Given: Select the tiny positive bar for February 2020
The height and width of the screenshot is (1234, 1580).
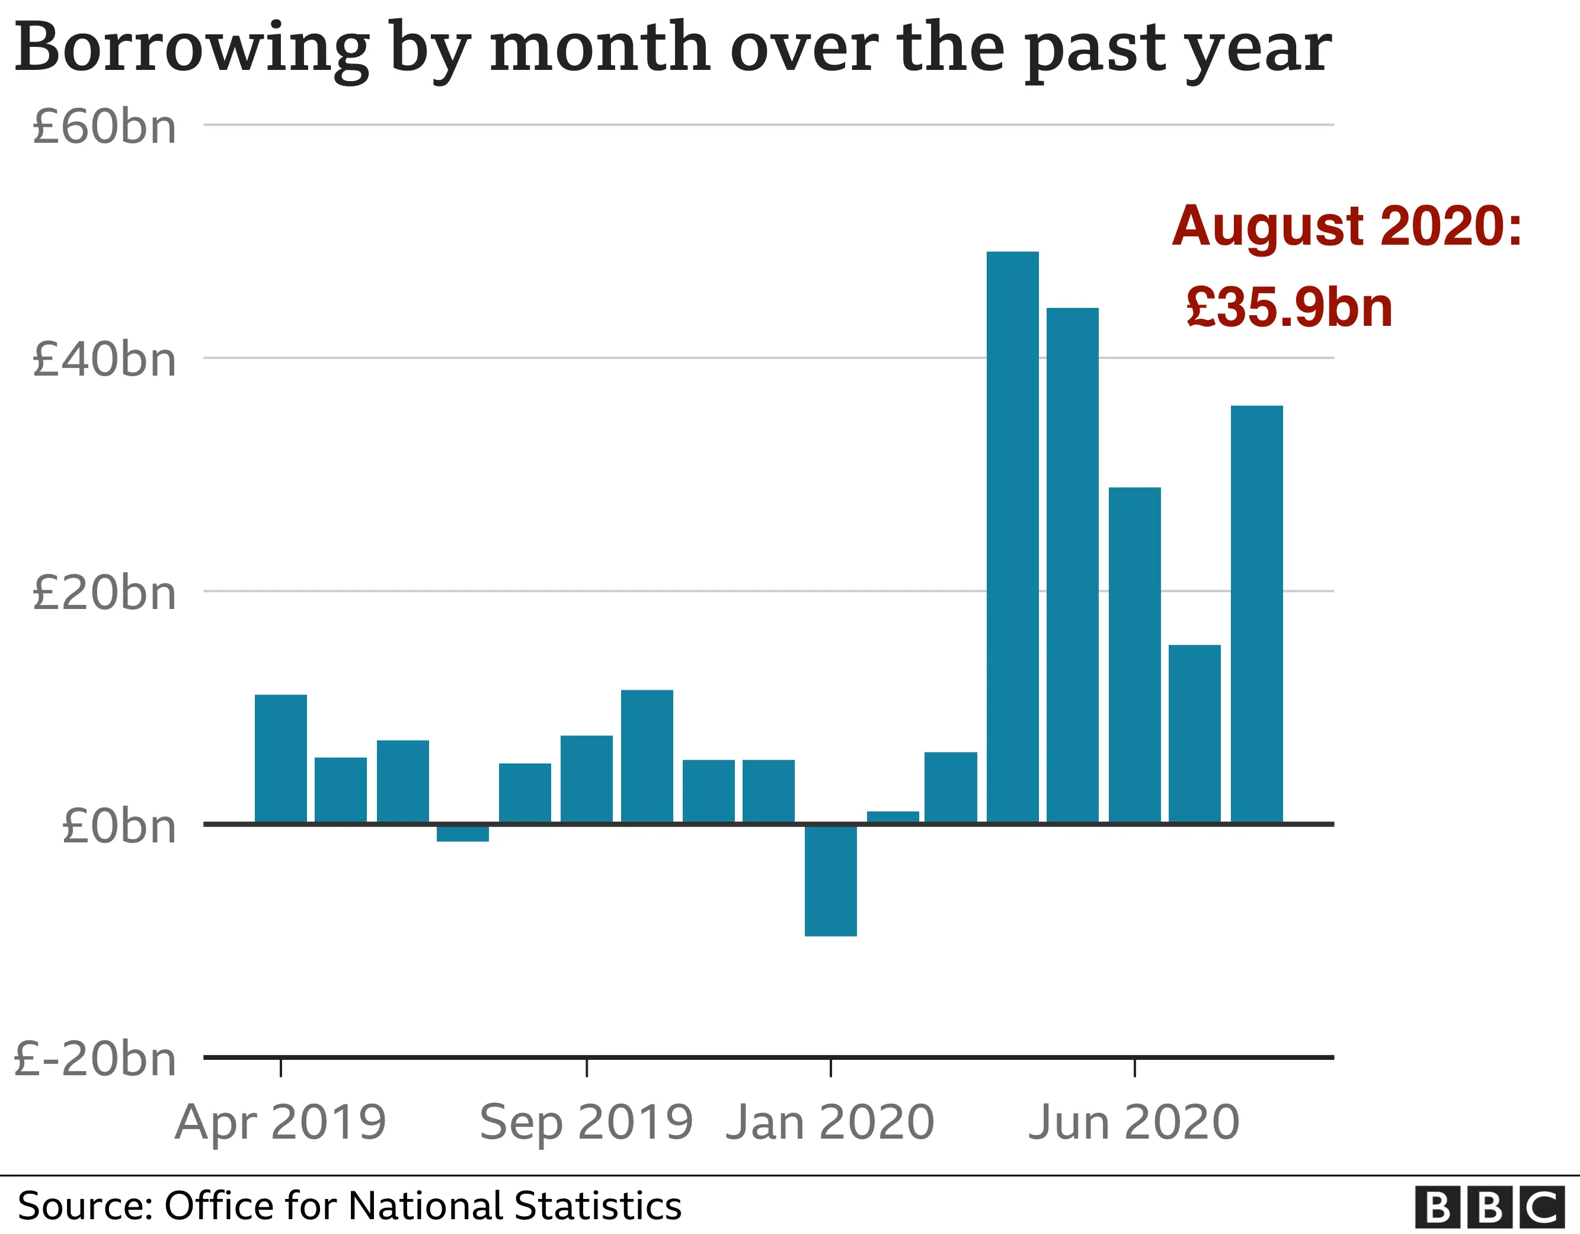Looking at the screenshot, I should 893,816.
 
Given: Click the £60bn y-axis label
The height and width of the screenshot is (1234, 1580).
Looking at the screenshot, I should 104,127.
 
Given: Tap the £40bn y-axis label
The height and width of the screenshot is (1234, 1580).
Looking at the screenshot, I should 104,360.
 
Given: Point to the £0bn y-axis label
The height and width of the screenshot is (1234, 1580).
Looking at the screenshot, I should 119,826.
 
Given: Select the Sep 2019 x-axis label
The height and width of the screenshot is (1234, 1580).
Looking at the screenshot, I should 586,1123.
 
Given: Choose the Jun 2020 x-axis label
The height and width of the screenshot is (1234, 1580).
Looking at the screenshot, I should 1134,1123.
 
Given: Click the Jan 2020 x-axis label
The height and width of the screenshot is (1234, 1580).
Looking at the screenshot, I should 830,1123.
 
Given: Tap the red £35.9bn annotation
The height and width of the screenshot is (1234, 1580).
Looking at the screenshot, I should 1289,307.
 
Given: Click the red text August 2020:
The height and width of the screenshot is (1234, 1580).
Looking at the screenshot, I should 1346,226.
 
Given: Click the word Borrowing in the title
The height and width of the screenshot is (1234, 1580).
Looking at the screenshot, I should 191,49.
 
